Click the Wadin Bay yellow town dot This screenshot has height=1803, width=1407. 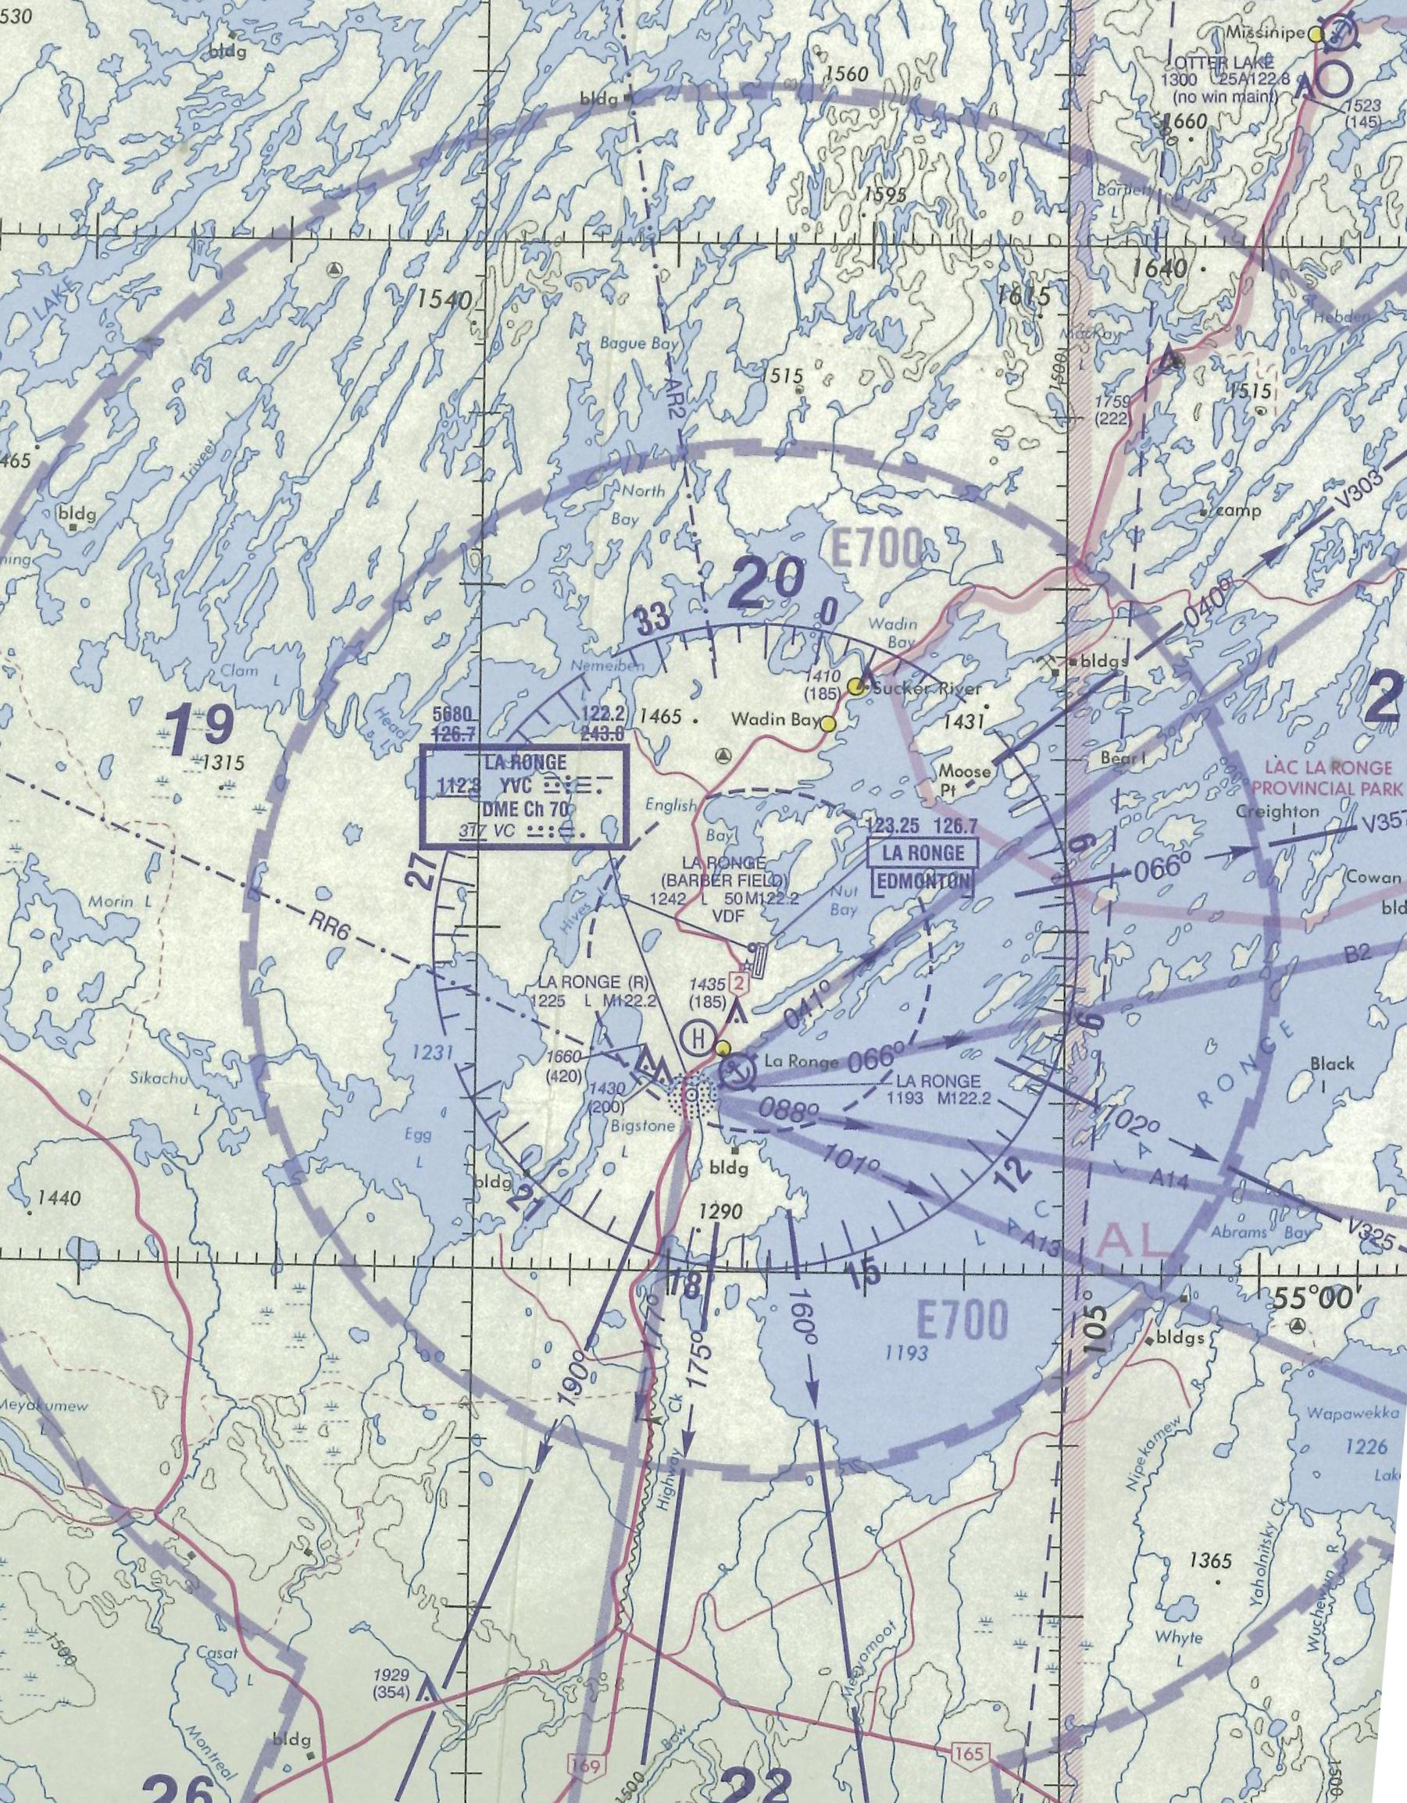point(827,724)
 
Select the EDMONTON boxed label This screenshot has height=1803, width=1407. point(923,881)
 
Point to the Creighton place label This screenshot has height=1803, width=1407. point(1277,811)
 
